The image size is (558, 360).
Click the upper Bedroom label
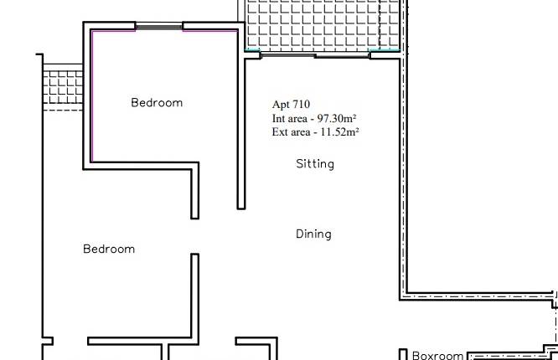click(x=157, y=103)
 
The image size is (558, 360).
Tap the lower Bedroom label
click(x=109, y=249)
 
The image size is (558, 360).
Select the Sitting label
click(x=315, y=164)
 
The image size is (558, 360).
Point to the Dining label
click(x=313, y=234)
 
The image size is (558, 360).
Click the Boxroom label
click(x=437, y=356)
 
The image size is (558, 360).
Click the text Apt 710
click(x=291, y=105)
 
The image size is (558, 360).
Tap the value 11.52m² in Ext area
click(x=338, y=131)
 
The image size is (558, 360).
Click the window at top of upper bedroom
click(x=159, y=27)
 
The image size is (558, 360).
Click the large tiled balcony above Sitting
click(x=322, y=25)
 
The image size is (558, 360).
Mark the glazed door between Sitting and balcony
click(x=315, y=55)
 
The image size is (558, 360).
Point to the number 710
click(x=301, y=105)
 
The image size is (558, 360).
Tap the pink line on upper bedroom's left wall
click(x=91, y=96)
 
